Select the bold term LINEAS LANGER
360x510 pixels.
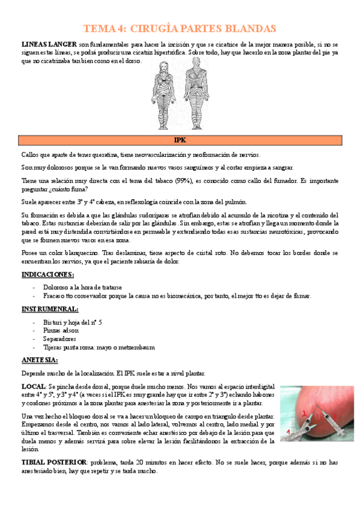point(49,45)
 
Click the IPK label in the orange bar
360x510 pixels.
point(180,140)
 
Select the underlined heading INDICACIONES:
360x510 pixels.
point(47,274)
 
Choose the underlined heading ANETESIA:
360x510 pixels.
point(40,360)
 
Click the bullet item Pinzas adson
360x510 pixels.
point(61,331)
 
